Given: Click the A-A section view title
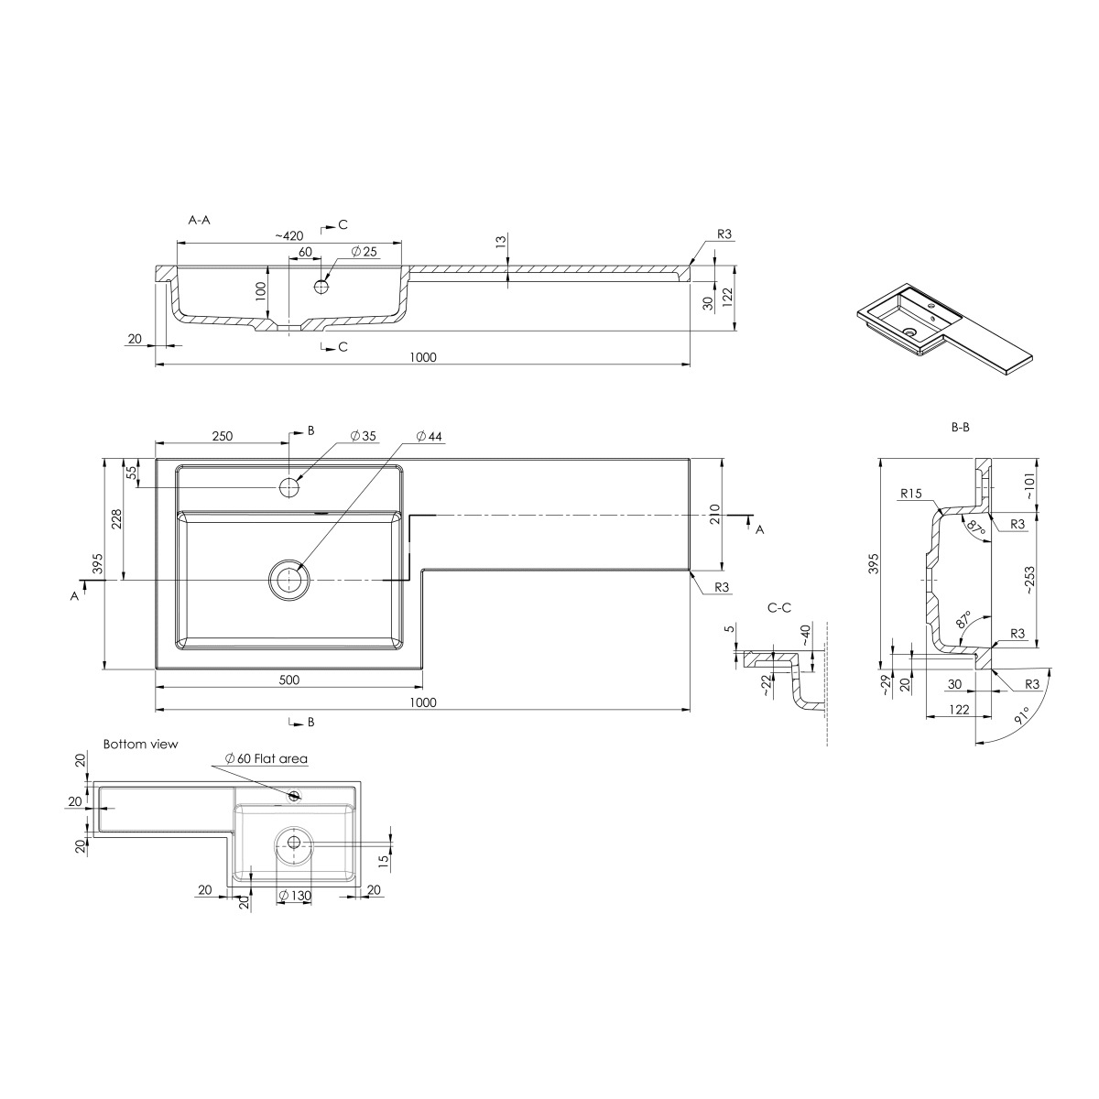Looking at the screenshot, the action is tap(199, 220).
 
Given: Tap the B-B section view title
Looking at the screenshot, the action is tap(961, 427).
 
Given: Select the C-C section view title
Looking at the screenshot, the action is tap(779, 608).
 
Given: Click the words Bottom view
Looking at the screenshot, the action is tap(140, 745).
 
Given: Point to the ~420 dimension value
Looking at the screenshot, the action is tap(289, 236).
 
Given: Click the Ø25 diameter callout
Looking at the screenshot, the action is tap(364, 252).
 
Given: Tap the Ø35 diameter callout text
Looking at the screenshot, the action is tap(364, 436).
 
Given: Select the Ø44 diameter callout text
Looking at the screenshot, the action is tap(429, 436).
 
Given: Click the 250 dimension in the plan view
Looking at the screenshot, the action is tap(223, 436).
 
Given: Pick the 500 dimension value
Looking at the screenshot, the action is tap(289, 680).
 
